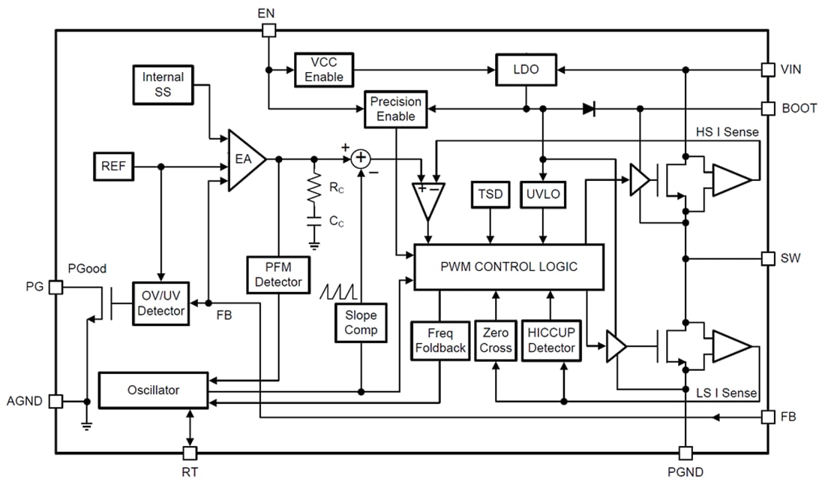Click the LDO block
tap(526, 69)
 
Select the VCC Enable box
tap(323, 69)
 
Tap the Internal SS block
tap(163, 84)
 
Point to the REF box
tap(113, 167)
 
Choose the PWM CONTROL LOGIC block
tap(508, 267)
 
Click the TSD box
tap(490, 195)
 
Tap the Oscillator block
tap(152, 390)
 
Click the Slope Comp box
tap(361, 323)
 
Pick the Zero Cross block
tap(495, 341)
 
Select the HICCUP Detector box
tap(550, 341)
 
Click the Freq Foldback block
tap(440, 341)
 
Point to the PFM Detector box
tap(278, 275)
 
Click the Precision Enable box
tap(395, 109)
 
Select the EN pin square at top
tap(268, 30)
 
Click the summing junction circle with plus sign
tap(361, 158)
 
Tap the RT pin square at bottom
tap(190, 453)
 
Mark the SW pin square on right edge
tap(767, 258)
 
